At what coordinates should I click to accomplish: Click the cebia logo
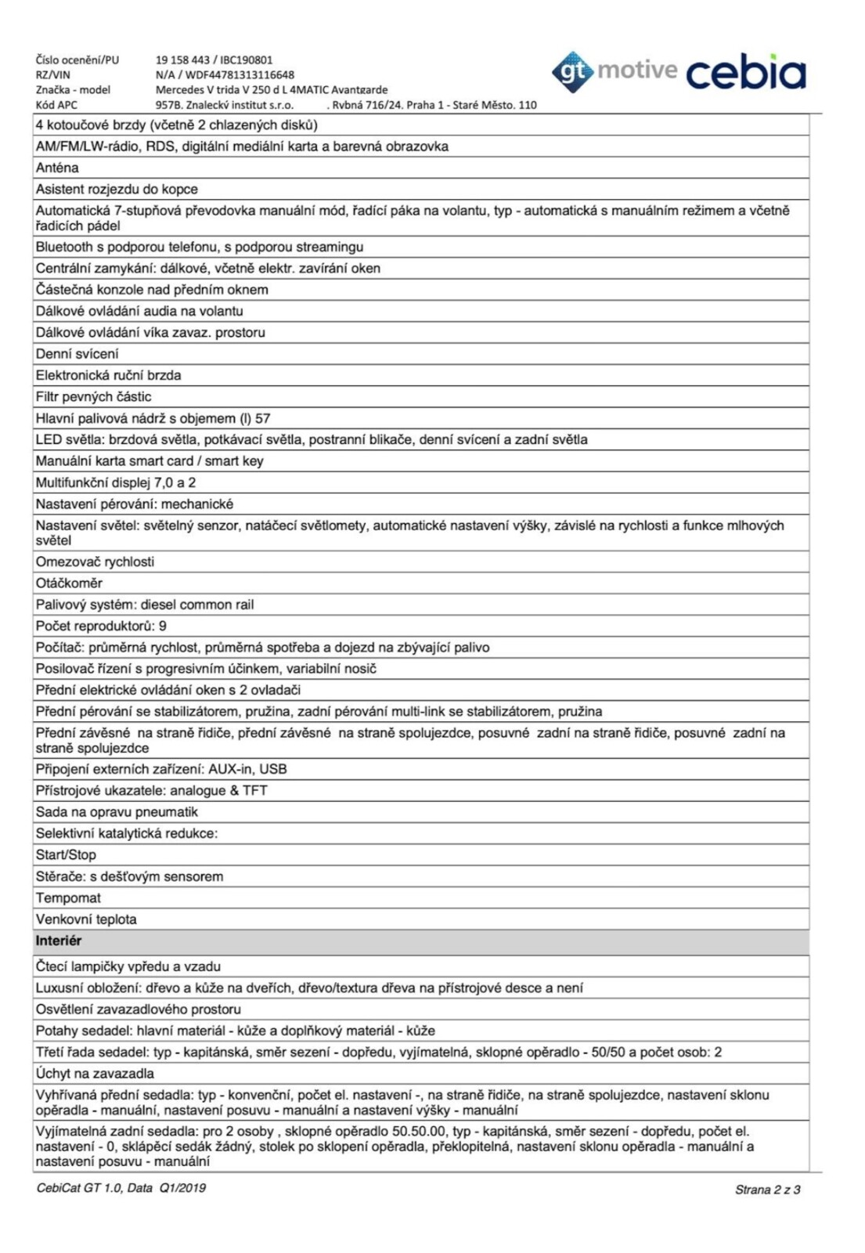tap(745, 73)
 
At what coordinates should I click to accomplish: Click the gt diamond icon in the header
tap(572, 72)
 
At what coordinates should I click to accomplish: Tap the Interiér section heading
tap(59, 941)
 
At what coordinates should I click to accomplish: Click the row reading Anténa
tap(57, 168)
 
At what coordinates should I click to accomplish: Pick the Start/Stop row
tap(66, 855)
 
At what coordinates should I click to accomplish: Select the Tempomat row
tap(68, 898)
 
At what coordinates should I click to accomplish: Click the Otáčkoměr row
tap(69, 583)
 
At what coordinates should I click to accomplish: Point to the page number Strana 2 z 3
tap(767, 1190)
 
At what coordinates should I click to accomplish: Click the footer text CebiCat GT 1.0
tap(79, 1188)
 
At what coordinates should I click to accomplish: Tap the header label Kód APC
tap(56, 105)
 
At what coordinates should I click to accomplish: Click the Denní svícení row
tap(77, 354)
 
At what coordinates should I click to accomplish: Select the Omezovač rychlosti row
tap(95, 562)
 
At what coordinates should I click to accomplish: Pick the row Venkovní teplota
tap(86, 919)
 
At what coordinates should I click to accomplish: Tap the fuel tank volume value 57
tap(262, 419)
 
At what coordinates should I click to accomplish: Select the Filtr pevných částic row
tap(93, 397)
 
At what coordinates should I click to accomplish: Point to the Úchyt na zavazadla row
tap(95, 1074)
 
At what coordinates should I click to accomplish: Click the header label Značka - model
tap(73, 90)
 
